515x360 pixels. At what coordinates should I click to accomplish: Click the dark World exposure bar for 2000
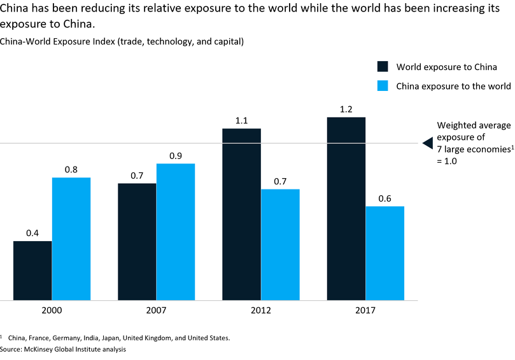pyautogui.click(x=32, y=270)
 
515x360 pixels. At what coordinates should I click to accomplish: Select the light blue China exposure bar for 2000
pyautogui.click(x=71, y=239)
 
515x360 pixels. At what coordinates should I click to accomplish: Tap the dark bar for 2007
pyautogui.click(x=137, y=242)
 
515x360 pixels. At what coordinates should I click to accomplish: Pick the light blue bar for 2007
pyautogui.click(x=176, y=232)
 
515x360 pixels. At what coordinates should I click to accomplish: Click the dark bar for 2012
pyautogui.click(x=241, y=214)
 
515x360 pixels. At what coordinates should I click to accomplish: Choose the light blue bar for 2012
pyautogui.click(x=280, y=244)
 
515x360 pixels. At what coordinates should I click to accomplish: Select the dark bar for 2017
pyautogui.click(x=346, y=208)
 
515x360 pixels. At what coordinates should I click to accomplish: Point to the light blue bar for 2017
pyautogui.click(x=384, y=253)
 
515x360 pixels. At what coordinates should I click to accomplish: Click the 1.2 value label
pyautogui.click(x=346, y=109)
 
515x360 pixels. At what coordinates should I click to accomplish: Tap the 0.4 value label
pyautogui.click(x=32, y=233)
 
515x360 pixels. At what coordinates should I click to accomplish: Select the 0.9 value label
pyautogui.click(x=176, y=156)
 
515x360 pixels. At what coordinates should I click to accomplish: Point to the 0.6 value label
pyautogui.click(x=384, y=198)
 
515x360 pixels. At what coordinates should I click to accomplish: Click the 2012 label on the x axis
pyautogui.click(x=260, y=310)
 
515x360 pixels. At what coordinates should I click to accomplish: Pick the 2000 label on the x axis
pyautogui.click(x=52, y=310)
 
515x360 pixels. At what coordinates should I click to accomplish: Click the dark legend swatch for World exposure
pyautogui.click(x=383, y=67)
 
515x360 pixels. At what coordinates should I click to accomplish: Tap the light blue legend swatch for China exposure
pyautogui.click(x=383, y=86)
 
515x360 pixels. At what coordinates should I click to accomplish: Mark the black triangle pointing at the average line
pyautogui.click(x=428, y=143)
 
